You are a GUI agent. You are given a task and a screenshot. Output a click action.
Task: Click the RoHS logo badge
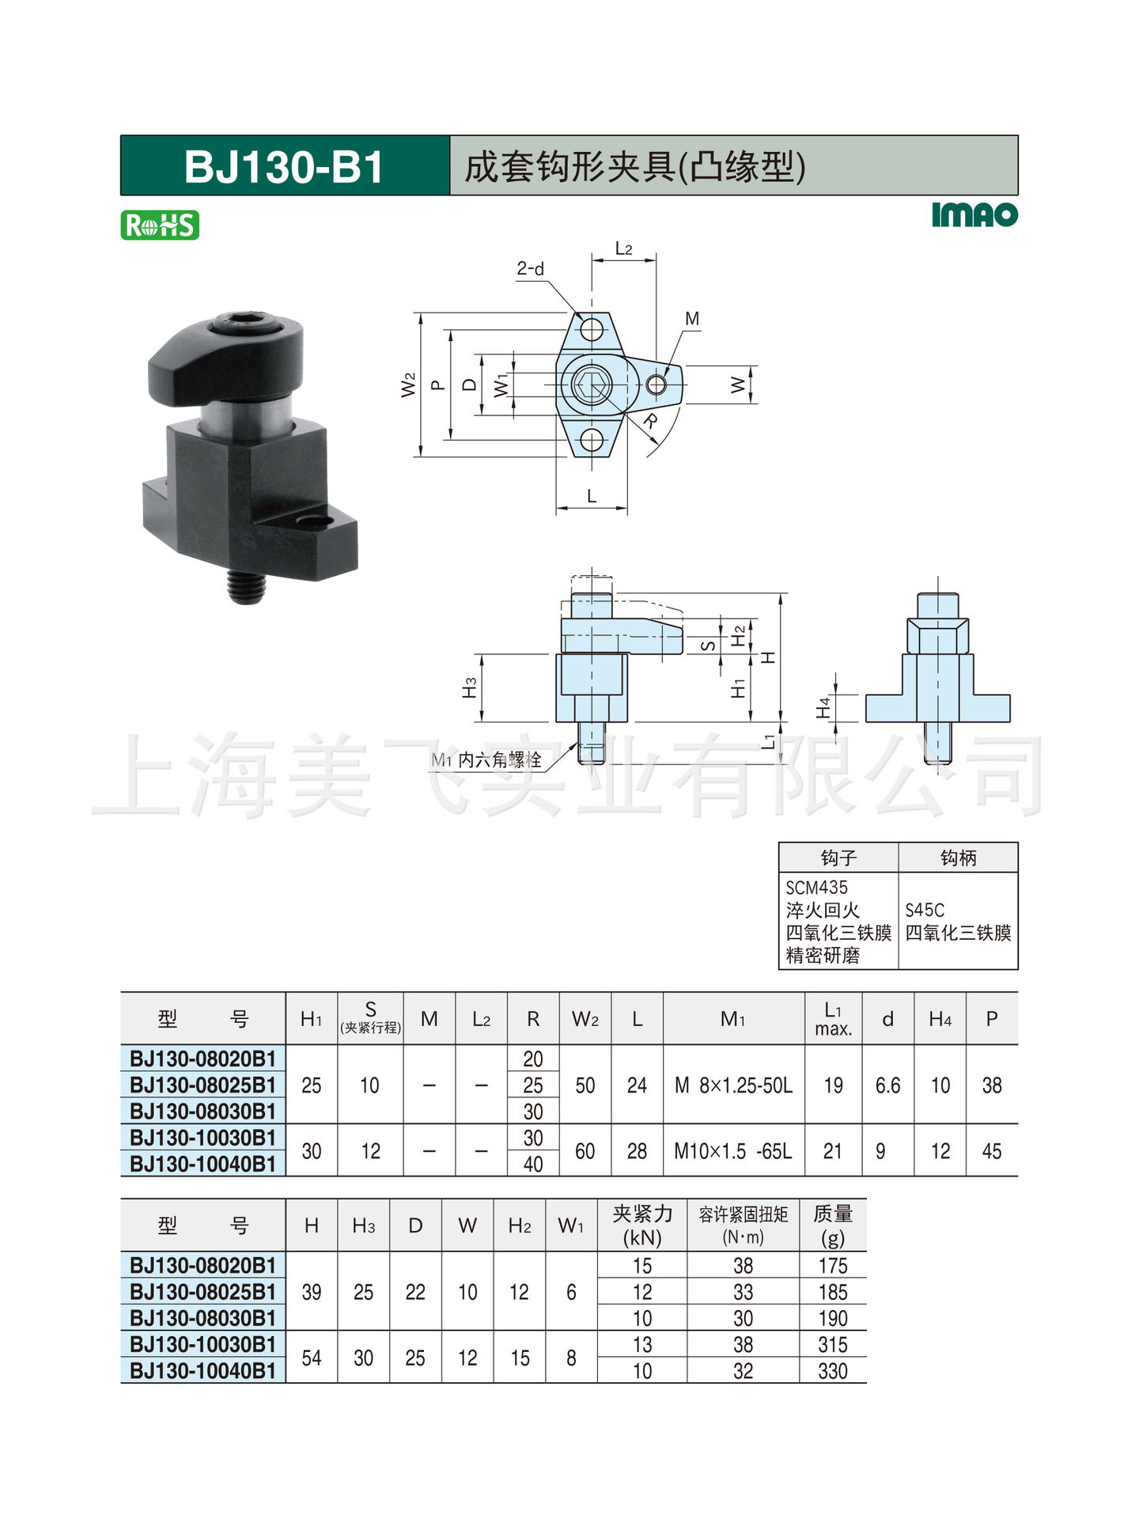click(160, 225)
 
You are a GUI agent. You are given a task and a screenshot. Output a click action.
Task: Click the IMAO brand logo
click(974, 215)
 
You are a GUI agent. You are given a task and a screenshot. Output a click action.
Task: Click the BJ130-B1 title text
click(283, 167)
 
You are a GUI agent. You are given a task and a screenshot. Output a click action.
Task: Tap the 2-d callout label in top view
click(531, 269)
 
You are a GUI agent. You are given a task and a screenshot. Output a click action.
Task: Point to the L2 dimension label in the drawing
click(624, 248)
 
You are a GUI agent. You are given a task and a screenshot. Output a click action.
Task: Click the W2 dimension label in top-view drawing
click(408, 385)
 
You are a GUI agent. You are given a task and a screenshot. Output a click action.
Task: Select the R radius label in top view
click(650, 420)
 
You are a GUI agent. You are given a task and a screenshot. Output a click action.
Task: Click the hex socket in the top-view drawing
click(591, 385)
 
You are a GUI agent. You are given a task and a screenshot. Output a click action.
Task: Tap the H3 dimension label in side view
click(470, 688)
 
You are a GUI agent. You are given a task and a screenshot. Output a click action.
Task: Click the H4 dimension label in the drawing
click(823, 707)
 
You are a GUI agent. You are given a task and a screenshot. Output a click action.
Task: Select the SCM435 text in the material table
click(816, 888)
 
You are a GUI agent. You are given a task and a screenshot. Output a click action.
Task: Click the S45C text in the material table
click(925, 910)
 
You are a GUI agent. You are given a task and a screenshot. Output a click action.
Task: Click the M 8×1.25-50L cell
click(733, 1085)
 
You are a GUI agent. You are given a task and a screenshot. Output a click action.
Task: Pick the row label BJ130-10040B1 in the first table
click(203, 1164)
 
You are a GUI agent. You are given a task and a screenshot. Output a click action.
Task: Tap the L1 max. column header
click(833, 1019)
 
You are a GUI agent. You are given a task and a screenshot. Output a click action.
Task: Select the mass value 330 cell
click(832, 1371)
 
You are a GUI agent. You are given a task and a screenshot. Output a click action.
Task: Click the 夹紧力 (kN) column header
click(641, 1225)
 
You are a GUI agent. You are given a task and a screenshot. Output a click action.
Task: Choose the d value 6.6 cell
click(887, 1085)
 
